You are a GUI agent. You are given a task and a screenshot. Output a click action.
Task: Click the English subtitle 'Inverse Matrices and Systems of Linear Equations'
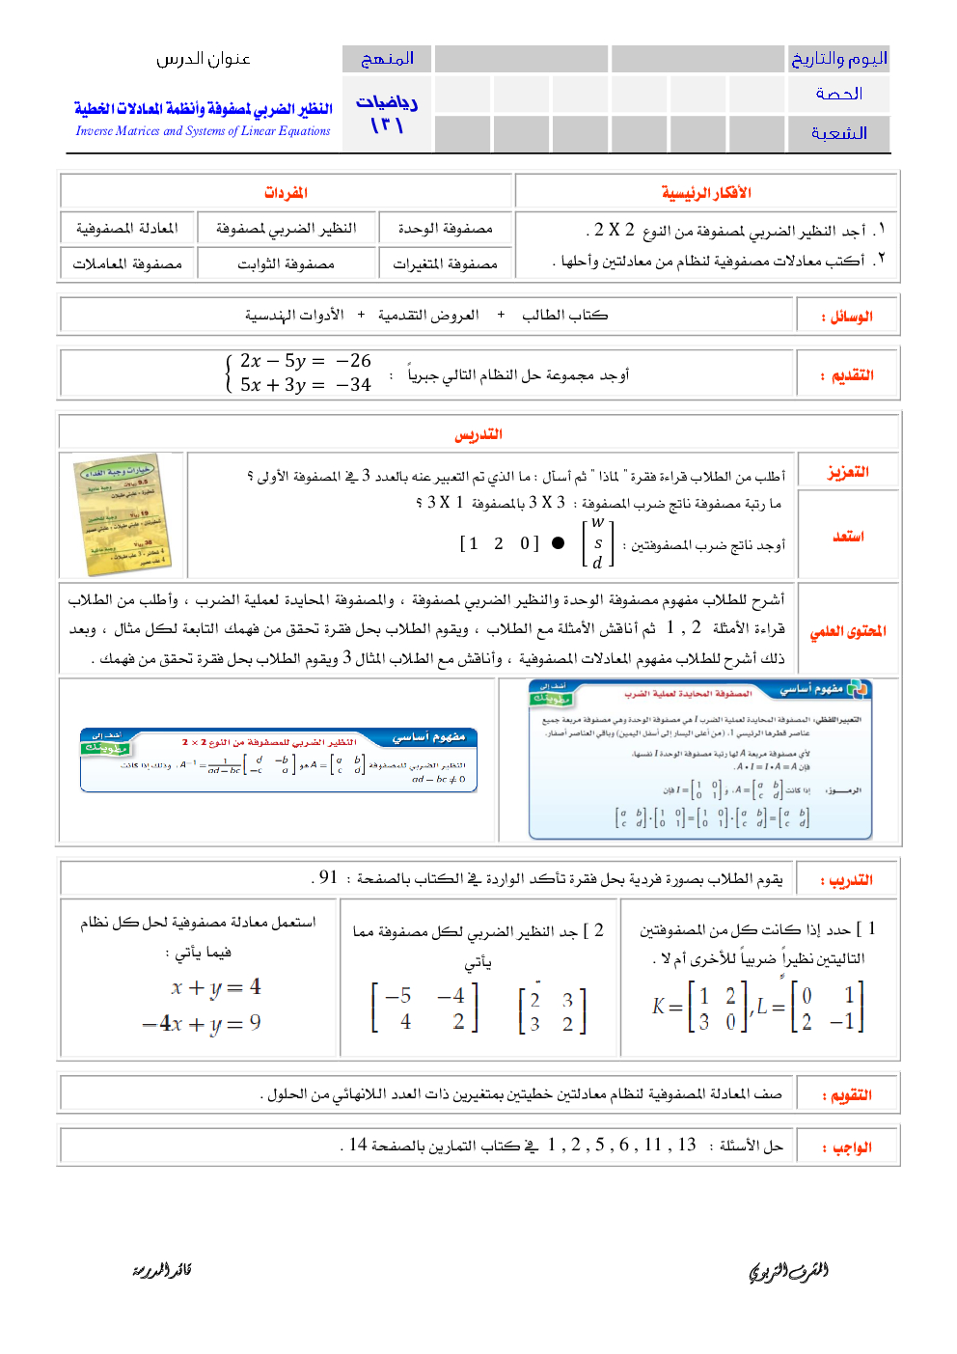tap(203, 131)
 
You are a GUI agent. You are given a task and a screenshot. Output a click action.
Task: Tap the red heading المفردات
tap(286, 193)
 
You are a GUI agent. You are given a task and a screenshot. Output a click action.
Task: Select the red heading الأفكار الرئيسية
tap(706, 193)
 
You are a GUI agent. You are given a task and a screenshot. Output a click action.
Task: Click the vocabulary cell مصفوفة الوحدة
tap(446, 229)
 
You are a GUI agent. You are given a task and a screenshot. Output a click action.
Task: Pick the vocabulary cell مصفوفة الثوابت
tap(286, 263)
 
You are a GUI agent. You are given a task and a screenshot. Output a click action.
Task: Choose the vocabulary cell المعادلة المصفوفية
tap(127, 229)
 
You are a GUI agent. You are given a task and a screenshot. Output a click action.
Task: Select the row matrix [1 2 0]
tap(499, 543)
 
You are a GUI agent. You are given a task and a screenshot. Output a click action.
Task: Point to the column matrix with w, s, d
tap(598, 543)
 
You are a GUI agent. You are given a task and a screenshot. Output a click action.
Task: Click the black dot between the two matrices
tap(558, 543)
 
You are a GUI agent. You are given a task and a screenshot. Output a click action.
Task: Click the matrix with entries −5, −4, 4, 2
tap(425, 1008)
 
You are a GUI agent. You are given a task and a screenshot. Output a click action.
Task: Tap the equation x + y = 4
tap(215, 987)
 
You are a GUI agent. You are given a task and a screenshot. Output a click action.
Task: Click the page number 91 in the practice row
tap(328, 877)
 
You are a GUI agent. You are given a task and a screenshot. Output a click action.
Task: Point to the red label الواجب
tap(851, 1147)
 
